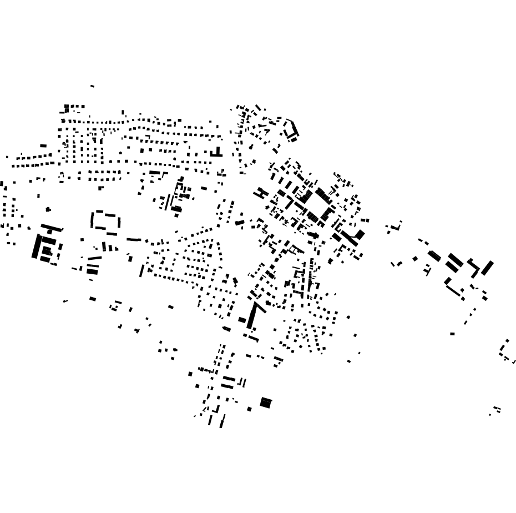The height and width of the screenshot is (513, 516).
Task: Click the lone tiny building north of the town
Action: [92, 86]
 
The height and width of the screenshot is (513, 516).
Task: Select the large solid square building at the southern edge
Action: [266, 403]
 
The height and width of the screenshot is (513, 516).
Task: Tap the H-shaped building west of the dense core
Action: [261, 193]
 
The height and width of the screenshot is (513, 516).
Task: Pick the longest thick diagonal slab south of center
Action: [252, 316]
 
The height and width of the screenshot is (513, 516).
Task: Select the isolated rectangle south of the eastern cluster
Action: [452, 334]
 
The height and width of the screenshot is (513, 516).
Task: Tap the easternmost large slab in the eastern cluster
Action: [487, 268]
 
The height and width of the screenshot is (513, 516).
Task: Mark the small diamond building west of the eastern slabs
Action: [415, 258]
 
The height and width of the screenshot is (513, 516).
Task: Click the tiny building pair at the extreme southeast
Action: [497, 410]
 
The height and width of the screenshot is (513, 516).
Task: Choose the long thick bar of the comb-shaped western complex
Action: [37, 246]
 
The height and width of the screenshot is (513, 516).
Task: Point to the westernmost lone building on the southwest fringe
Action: [65, 301]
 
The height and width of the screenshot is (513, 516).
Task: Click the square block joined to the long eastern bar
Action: [360, 235]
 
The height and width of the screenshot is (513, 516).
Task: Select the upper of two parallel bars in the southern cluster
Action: [227, 379]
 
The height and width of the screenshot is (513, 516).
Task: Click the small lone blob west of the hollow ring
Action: [48, 209]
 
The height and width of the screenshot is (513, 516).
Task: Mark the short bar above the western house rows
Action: [43, 145]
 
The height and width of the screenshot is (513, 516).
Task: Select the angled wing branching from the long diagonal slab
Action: [260, 307]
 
